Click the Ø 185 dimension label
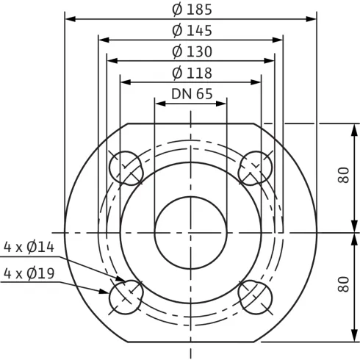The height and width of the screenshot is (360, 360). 192,10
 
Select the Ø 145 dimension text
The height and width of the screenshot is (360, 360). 192,31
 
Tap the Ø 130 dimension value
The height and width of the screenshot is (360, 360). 192,52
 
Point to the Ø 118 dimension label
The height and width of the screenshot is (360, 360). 192,73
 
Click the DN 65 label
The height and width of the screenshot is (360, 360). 192,94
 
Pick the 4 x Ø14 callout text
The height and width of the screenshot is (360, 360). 29,247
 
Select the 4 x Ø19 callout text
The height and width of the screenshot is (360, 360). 29,273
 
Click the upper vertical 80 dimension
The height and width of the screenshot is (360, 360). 343,175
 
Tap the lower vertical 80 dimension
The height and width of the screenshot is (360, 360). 343,284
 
